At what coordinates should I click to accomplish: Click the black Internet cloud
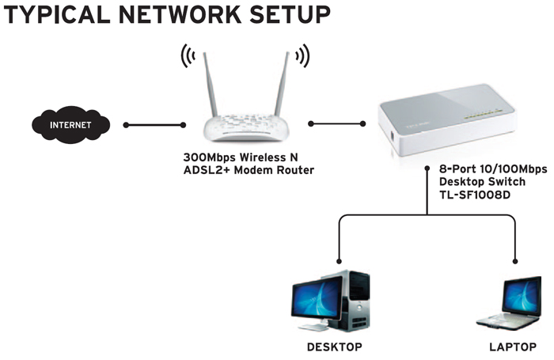(x=70, y=125)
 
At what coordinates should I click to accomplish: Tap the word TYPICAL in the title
(x=55, y=15)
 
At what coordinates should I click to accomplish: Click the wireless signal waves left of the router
(x=188, y=56)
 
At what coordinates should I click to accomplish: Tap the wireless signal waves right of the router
(x=301, y=56)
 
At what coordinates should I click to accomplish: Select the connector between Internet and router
(x=154, y=124)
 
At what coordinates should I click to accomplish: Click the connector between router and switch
(x=336, y=123)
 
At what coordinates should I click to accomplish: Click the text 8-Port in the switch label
(x=456, y=169)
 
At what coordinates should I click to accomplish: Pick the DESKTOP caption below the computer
(x=333, y=347)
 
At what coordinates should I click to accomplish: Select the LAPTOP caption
(x=510, y=347)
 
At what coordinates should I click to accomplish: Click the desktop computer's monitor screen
(x=321, y=299)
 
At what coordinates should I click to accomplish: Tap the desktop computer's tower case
(x=359, y=301)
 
